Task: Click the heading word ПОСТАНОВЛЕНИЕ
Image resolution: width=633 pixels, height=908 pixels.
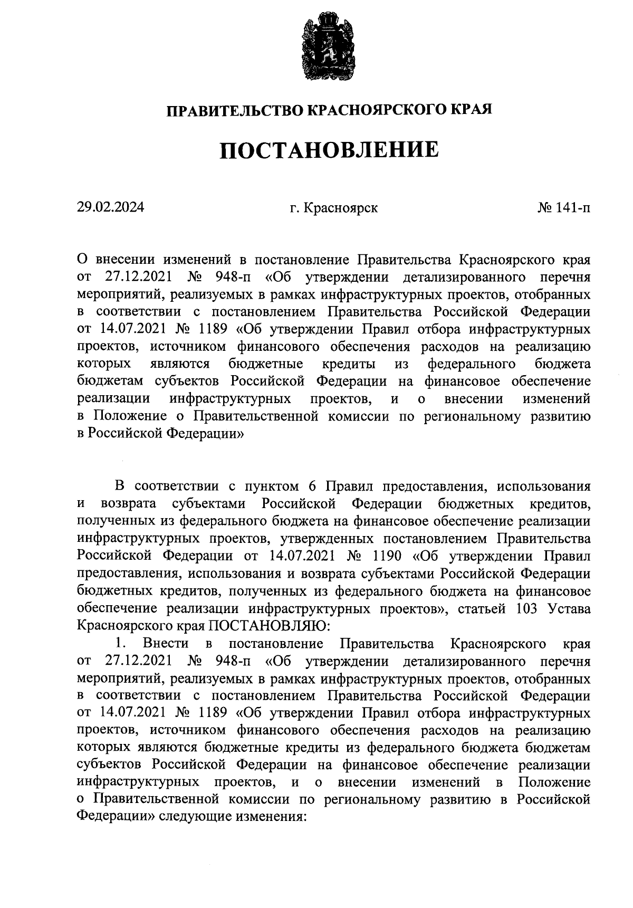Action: [x=329, y=150]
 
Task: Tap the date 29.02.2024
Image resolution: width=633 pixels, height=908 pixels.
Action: [x=110, y=207]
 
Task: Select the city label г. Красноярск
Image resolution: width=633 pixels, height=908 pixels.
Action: [x=333, y=208]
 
